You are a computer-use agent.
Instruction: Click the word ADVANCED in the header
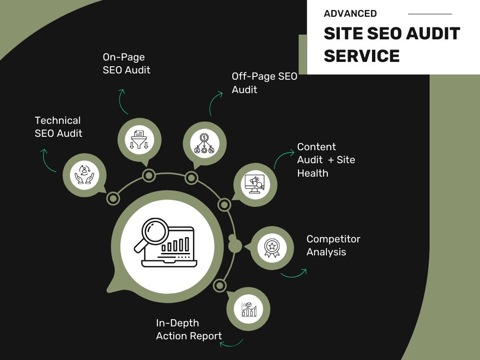[350, 13]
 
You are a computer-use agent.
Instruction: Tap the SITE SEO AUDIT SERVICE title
[392, 44]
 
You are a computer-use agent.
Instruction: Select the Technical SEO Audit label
[58, 127]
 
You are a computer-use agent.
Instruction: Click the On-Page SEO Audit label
[126, 63]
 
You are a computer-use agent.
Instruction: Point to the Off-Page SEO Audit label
[264, 83]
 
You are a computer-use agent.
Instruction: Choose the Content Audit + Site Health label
[326, 160]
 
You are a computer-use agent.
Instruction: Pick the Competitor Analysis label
[334, 245]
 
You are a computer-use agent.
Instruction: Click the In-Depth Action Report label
[189, 329]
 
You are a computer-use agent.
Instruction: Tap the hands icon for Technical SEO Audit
[84, 175]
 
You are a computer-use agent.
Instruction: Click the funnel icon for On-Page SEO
[139, 140]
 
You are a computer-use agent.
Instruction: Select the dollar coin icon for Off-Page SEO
[204, 143]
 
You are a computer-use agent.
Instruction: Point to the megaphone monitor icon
[255, 185]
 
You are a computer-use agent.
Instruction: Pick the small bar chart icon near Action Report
[249, 309]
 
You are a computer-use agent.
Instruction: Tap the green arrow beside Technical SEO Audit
[48, 160]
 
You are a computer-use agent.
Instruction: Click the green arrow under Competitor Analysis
[294, 274]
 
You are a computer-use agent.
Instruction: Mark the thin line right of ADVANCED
[430, 14]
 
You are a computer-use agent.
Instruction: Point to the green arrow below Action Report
[231, 344]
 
